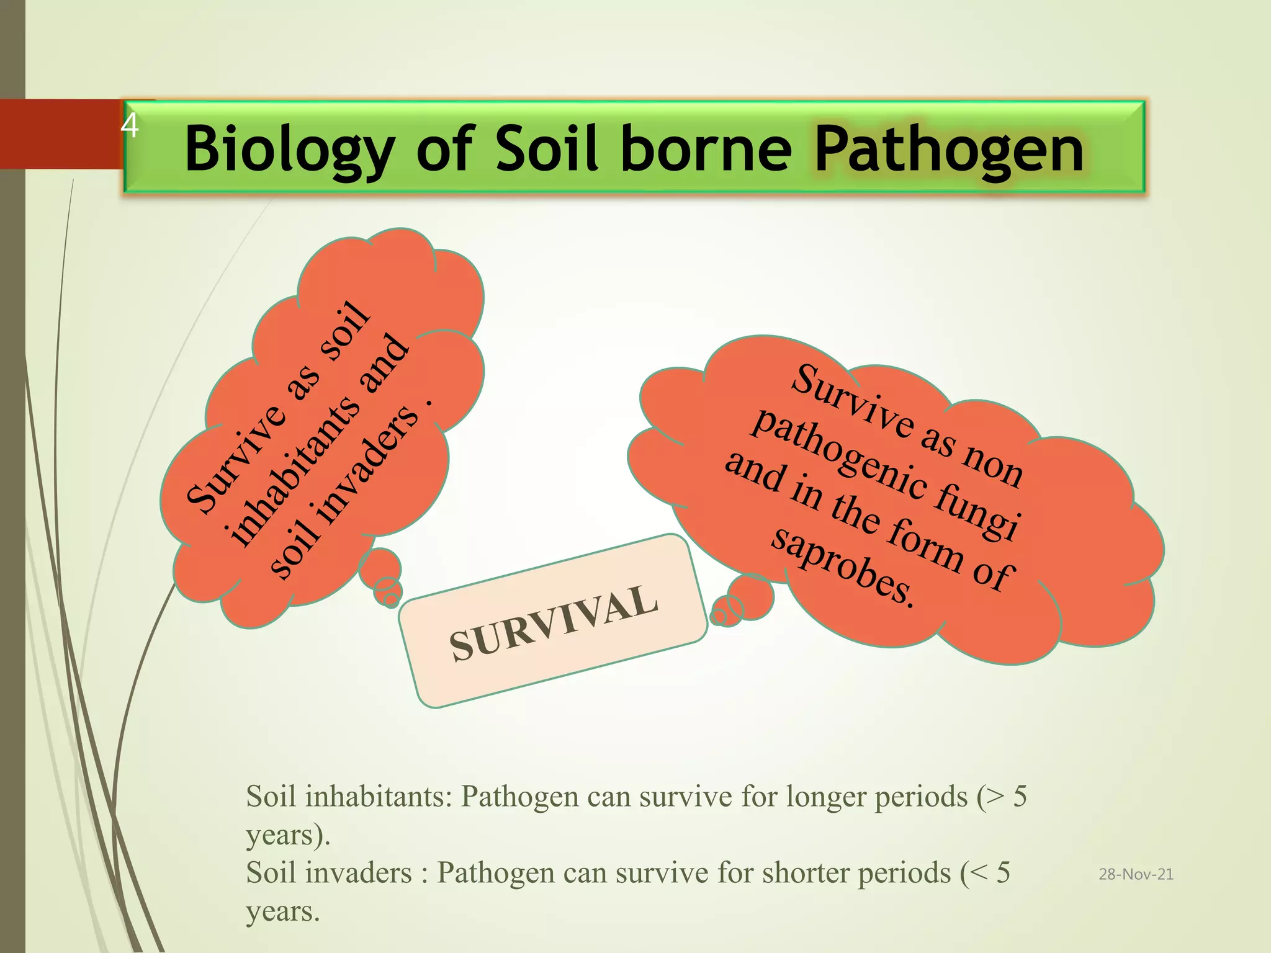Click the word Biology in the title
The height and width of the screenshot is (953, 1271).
(x=289, y=150)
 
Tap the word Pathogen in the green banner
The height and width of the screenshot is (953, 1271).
(x=948, y=149)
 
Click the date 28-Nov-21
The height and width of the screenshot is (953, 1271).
(x=1136, y=874)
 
